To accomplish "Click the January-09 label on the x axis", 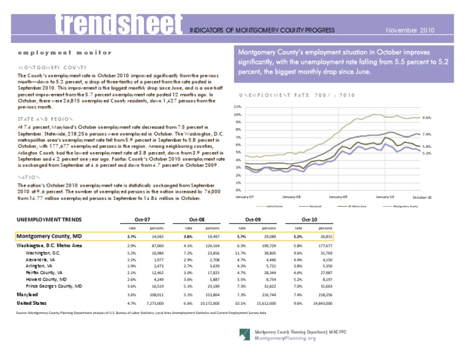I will coord(338,198).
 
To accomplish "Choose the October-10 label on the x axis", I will coord(421,198).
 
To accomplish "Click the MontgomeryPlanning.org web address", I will coord(286,338).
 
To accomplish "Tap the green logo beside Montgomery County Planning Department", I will coord(245,335).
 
